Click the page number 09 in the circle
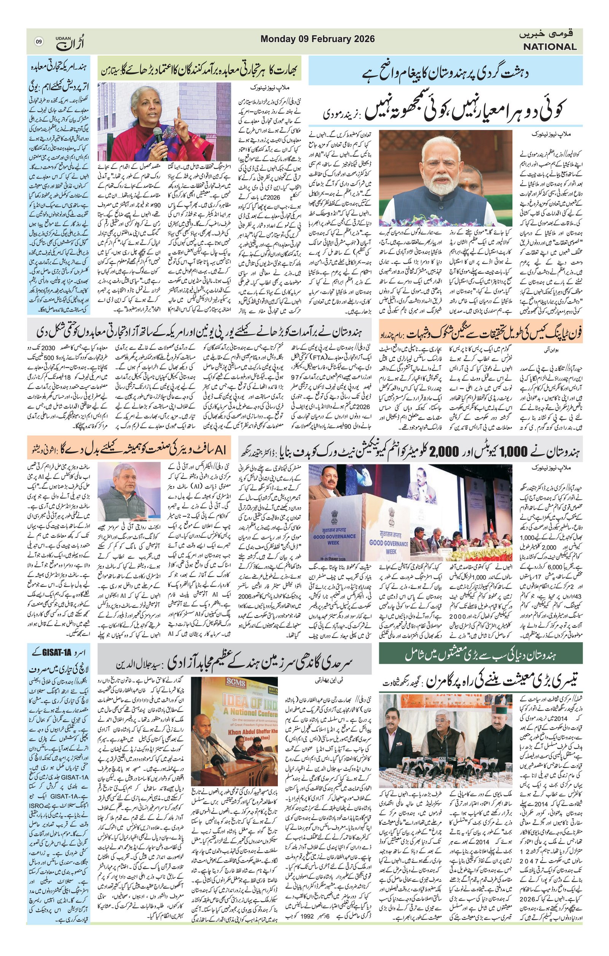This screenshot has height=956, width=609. [39, 41]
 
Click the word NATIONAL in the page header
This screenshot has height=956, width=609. [549, 46]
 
